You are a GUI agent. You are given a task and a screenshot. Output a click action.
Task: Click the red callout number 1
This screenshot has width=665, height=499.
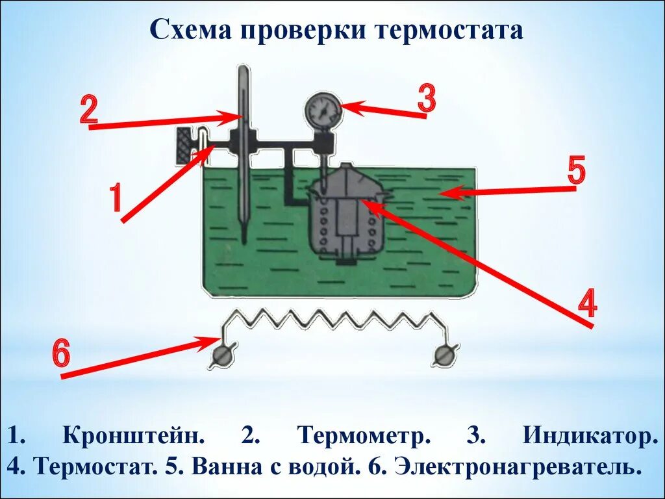tap(115, 198)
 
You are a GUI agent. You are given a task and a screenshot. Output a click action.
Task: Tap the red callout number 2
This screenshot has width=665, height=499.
tap(89, 110)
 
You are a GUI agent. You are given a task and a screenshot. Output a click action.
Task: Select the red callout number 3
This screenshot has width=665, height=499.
tap(426, 99)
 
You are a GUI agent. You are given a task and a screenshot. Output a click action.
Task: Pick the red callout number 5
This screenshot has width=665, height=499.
tap(576, 172)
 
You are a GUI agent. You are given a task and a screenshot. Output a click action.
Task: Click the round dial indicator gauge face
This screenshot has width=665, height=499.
tap(323, 110)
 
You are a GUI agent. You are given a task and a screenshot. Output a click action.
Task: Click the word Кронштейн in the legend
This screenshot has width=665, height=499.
tap(134, 435)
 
